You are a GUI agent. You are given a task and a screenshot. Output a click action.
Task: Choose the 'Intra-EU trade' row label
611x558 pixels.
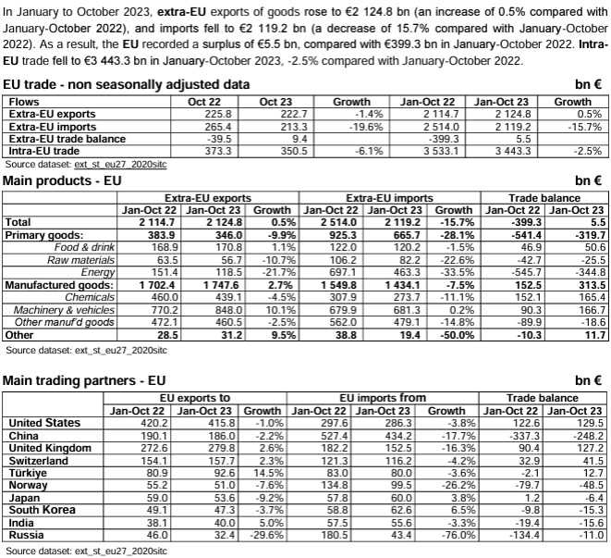[x=41, y=149]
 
